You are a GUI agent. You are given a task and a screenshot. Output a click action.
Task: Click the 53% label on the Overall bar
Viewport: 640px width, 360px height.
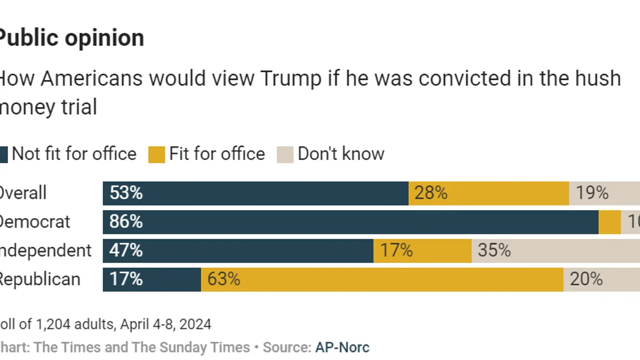126,193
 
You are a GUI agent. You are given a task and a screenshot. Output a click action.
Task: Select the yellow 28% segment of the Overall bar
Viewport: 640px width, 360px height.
488,193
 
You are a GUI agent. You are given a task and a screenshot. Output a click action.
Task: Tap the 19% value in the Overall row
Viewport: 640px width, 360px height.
592,193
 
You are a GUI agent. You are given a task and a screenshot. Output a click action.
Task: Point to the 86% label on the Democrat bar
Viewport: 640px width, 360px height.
126,222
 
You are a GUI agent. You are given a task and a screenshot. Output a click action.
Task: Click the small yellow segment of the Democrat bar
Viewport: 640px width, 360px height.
610,222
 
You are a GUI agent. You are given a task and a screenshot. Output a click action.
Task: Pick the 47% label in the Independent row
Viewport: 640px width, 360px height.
126,251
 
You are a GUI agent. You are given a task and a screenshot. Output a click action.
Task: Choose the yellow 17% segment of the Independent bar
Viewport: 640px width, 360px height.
422,251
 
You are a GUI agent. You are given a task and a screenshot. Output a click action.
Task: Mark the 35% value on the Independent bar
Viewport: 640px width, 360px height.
494,251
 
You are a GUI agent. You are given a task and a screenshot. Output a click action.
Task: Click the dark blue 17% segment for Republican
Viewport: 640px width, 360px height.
152,279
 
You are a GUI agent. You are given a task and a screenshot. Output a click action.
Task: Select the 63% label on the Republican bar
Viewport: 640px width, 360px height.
224,279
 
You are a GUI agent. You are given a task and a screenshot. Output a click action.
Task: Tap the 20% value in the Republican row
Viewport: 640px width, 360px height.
586,279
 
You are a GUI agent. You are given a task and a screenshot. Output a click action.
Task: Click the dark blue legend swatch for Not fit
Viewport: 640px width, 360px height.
3,155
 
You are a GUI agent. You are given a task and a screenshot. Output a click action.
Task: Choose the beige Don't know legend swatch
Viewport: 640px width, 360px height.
285,155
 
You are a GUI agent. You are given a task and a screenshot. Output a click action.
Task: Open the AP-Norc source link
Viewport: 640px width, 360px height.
342,348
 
